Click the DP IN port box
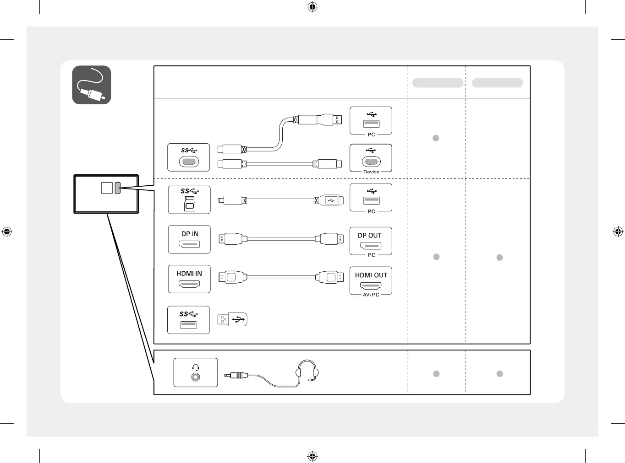(x=189, y=239)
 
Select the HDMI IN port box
(x=189, y=279)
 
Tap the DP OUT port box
(x=371, y=241)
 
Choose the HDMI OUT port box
(x=371, y=280)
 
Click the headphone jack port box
(x=196, y=372)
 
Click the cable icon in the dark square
(x=92, y=85)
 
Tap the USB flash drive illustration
(x=232, y=319)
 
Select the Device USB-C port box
(x=371, y=158)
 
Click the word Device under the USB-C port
(x=371, y=172)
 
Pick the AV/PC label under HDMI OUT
(x=371, y=295)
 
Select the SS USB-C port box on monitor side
(x=188, y=157)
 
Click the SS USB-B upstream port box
(x=189, y=200)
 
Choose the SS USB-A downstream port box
(x=188, y=320)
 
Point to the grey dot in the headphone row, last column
(x=499, y=374)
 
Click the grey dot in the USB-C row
(x=436, y=138)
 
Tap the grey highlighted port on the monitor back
(x=118, y=188)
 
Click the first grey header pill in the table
(x=438, y=83)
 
